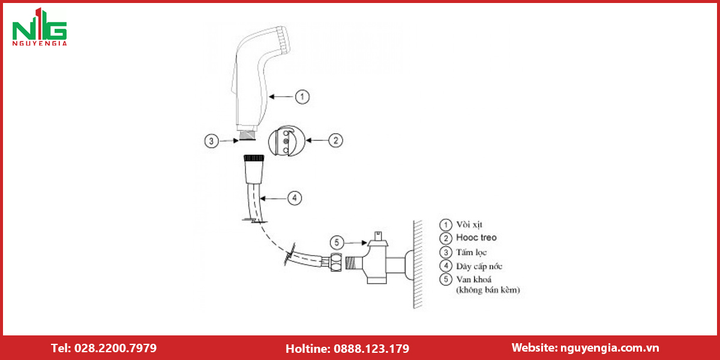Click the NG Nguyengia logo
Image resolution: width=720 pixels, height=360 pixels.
40,28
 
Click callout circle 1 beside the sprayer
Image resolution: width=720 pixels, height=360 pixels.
302,97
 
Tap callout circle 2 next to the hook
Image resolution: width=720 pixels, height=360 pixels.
335,140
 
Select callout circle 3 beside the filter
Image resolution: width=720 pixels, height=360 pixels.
211,141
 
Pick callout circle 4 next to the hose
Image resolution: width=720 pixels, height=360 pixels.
295,198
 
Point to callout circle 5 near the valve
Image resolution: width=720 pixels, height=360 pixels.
337,242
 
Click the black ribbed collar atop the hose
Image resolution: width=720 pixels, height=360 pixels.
254,158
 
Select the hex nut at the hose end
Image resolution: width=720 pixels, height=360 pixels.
336,262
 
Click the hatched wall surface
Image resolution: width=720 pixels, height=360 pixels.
418,264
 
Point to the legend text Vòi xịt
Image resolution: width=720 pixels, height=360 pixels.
469,224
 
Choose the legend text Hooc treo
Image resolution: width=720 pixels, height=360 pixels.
476,238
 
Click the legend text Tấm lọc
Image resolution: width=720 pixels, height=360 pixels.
472,253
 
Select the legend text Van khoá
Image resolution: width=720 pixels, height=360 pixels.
474,279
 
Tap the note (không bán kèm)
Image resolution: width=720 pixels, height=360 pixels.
488,290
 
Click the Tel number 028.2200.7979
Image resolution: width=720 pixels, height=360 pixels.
115,348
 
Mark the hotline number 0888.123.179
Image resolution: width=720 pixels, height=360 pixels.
371,349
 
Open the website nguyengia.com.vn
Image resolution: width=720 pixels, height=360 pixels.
610,348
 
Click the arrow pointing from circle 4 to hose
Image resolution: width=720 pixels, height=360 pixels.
273,199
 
